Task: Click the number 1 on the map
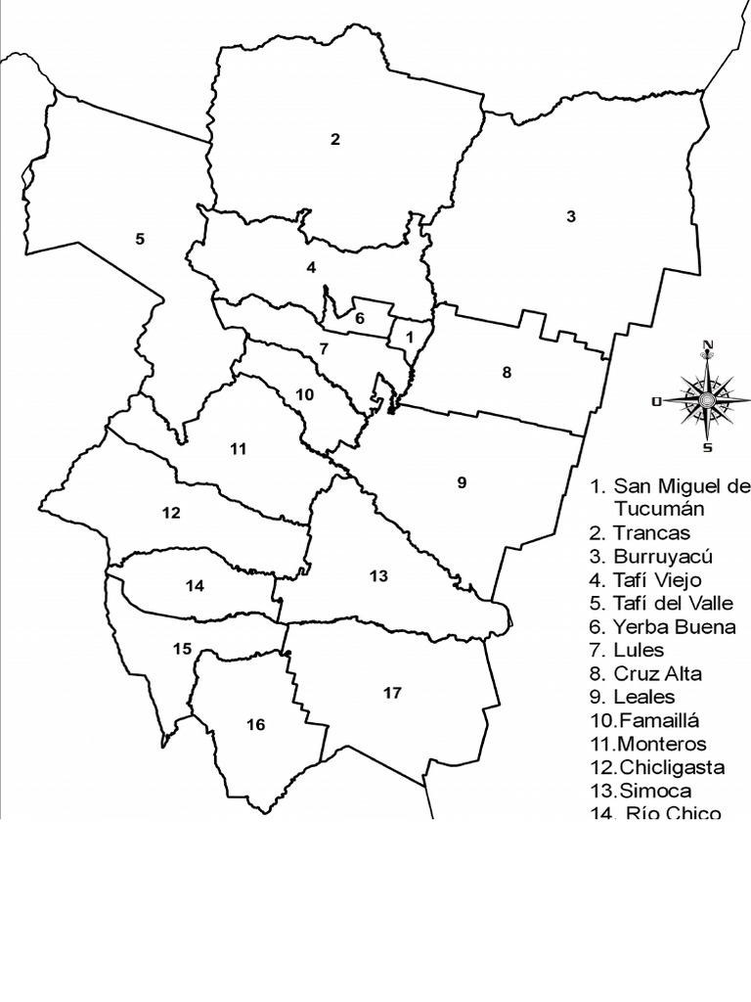[411, 336]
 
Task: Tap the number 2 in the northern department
[335, 139]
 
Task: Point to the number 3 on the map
[571, 216]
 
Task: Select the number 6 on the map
[360, 317]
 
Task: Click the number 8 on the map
[507, 372]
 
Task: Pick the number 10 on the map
[304, 394]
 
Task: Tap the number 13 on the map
[379, 575]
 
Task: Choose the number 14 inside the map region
[195, 586]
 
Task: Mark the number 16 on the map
[255, 724]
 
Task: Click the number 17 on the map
[392, 693]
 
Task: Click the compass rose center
[706, 399]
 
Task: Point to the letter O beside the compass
[657, 400]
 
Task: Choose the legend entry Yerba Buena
[674, 627]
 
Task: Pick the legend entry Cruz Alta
[657, 674]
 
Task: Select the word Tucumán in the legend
[660, 509]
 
